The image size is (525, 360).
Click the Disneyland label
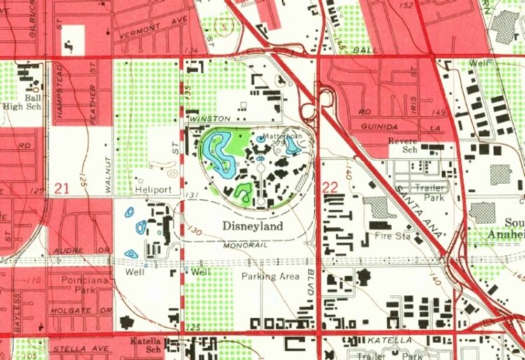pyautogui.click(x=253, y=227)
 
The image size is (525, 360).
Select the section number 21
pyautogui.click(x=61, y=188)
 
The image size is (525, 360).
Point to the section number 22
pyautogui.click(x=331, y=188)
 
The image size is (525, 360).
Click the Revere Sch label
pyautogui.click(x=402, y=145)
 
